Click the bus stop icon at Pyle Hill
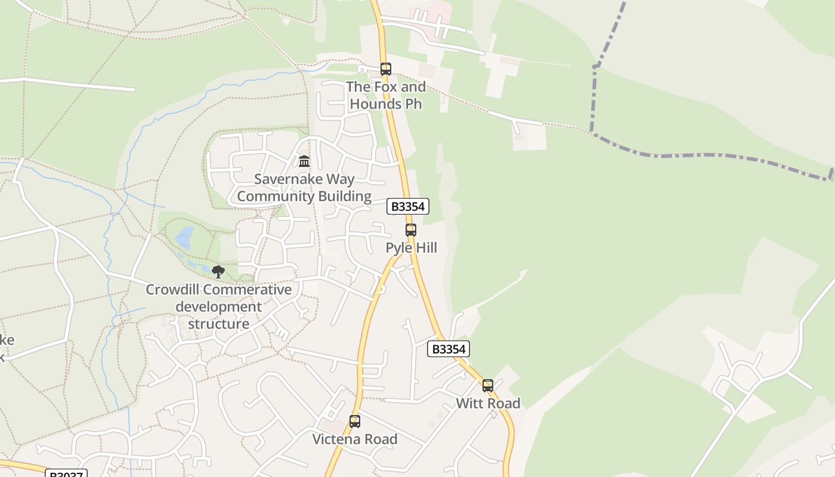(x=410, y=230)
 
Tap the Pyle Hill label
(x=411, y=247)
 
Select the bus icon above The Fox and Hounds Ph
(x=386, y=69)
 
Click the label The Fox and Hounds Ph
(x=386, y=95)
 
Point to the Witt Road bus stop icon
(x=488, y=386)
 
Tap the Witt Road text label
(x=488, y=403)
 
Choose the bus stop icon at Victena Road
(x=355, y=422)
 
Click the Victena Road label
(x=355, y=439)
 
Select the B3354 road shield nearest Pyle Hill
(x=408, y=206)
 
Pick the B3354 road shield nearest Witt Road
(x=449, y=349)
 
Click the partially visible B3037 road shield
(x=66, y=473)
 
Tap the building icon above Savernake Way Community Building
(x=304, y=162)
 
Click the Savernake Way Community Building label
(x=304, y=188)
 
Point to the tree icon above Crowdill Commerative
(x=218, y=272)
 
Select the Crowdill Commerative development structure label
(x=219, y=307)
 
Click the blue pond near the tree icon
(x=184, y=237)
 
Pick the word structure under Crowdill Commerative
(x=219, y=324)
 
